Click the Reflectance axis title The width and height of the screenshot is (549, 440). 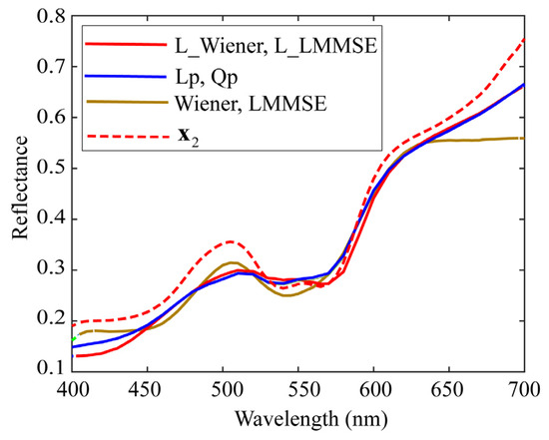click(x=17, y=193)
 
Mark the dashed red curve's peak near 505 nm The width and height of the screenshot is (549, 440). click(x=232, y=241)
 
